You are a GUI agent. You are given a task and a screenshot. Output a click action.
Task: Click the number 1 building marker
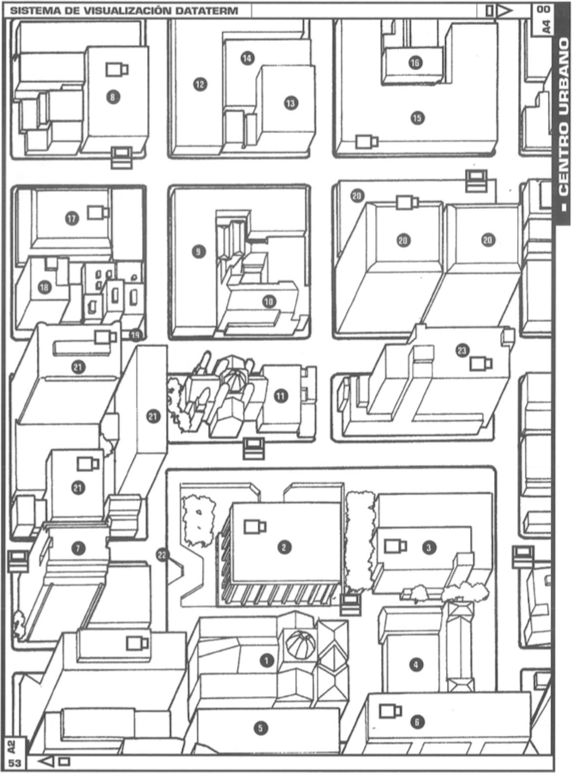266,660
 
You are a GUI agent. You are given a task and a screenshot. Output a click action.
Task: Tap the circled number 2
285,547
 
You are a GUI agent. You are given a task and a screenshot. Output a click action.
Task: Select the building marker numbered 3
429,548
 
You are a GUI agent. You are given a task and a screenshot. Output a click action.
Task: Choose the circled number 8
113,97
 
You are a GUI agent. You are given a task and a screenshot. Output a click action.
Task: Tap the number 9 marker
199,251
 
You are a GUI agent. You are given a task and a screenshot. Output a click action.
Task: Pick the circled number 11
281,396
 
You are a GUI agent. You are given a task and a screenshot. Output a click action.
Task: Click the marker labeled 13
291,103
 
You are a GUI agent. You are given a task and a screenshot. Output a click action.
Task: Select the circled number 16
415,63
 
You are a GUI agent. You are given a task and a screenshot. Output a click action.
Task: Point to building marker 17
72,219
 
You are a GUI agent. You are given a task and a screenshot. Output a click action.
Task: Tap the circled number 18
44,287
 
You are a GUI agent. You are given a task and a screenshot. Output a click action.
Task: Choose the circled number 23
462,350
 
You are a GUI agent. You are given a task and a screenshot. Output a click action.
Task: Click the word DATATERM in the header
206,11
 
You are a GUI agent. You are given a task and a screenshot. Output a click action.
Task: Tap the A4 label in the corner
547,27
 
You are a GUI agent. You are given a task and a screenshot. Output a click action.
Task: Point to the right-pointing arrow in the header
504,11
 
